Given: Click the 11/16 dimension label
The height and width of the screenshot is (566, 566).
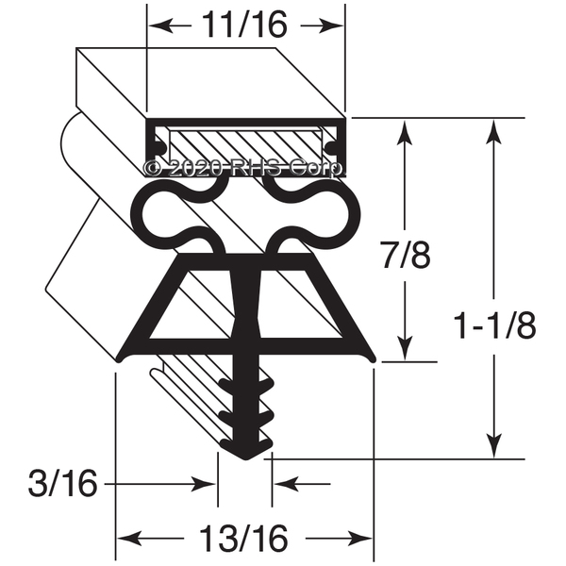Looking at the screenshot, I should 244,25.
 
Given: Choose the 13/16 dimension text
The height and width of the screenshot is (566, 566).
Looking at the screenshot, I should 244,540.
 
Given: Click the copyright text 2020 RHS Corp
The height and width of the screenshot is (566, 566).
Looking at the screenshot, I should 243,168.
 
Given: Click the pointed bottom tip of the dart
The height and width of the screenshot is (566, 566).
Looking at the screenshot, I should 245,457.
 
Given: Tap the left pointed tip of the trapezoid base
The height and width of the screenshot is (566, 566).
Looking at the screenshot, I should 118,359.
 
